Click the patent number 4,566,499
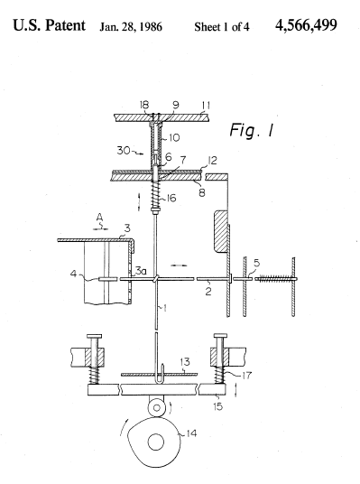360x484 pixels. coord(306,25)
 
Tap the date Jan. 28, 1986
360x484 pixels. coord(131,27)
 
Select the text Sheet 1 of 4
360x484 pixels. coord(221,27)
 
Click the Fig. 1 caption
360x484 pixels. coord(252,130)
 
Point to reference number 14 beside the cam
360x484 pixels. coord(191,433)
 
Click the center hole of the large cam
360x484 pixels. coord(156,442)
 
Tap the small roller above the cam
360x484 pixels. coord(156,408)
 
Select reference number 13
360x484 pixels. coord(185,362)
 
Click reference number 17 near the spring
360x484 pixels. coord(246,376)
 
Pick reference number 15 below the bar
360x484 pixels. coord(217,406)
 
